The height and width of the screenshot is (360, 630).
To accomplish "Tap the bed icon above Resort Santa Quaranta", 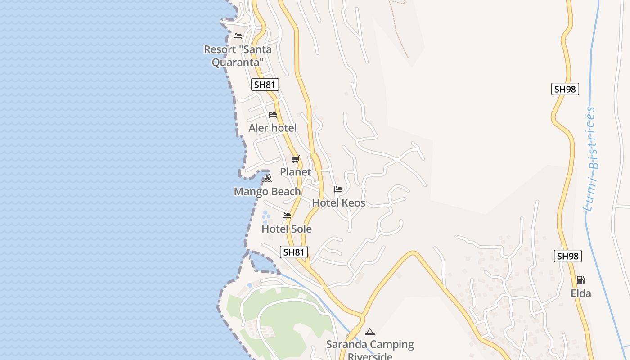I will coord(238,36).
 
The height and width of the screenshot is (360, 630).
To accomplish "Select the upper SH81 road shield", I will coord(265,85).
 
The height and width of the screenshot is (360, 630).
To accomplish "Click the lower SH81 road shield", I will coord(294,252).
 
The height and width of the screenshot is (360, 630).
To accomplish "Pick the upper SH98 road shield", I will coord(565,89).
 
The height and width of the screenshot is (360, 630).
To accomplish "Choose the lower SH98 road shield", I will coord(567,256).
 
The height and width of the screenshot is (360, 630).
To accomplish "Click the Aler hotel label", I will coord(272,128).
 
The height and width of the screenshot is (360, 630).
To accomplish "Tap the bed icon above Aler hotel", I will coord(273,115).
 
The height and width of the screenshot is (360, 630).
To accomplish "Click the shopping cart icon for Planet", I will coord(296,159).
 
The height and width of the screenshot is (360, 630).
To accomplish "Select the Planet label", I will coord(296,172).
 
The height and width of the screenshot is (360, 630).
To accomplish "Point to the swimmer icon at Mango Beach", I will coord(268,179).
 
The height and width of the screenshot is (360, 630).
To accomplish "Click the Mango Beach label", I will coord(267,192).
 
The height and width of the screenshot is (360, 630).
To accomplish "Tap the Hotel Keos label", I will coord(338,203).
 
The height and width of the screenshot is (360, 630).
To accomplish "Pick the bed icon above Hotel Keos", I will coord(338,189).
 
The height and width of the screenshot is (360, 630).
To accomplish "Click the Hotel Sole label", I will coord(287,229).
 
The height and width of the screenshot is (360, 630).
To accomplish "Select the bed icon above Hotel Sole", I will coord(287,216).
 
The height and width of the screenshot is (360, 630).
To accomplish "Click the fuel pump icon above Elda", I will coord(581,280).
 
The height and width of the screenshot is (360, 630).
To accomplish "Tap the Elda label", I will coord(581,294).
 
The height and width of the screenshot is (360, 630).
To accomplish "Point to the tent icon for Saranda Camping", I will coord(370,332).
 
